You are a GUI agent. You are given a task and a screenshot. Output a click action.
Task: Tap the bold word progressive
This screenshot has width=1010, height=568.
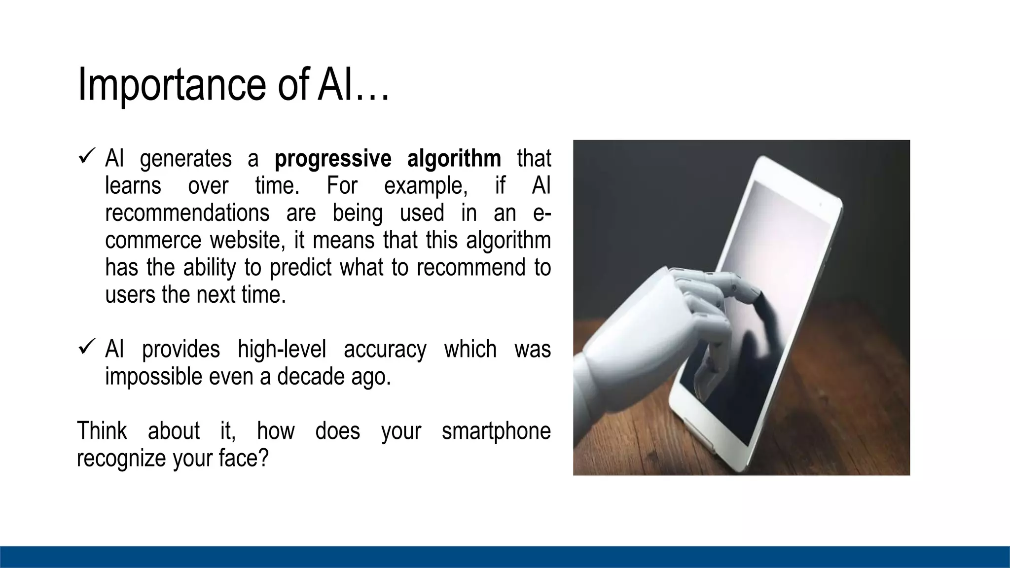[x=333, y=159]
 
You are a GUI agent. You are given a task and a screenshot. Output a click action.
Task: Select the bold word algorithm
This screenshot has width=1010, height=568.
[x=454, y=159]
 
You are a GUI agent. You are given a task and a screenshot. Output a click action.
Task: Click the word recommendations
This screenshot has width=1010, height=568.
[x=187, y=213]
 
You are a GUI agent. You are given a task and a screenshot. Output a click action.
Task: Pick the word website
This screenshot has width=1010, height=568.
[x=248, y=241]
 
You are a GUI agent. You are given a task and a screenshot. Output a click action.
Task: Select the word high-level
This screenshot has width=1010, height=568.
[x=282, y=349]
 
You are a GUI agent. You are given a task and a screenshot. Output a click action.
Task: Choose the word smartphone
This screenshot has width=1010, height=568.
[x=496, y=431]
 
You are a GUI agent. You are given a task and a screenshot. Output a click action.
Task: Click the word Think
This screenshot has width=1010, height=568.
[x=102, y=430]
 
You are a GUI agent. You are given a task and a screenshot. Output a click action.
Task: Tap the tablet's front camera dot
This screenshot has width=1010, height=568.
[x=820, y=204]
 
